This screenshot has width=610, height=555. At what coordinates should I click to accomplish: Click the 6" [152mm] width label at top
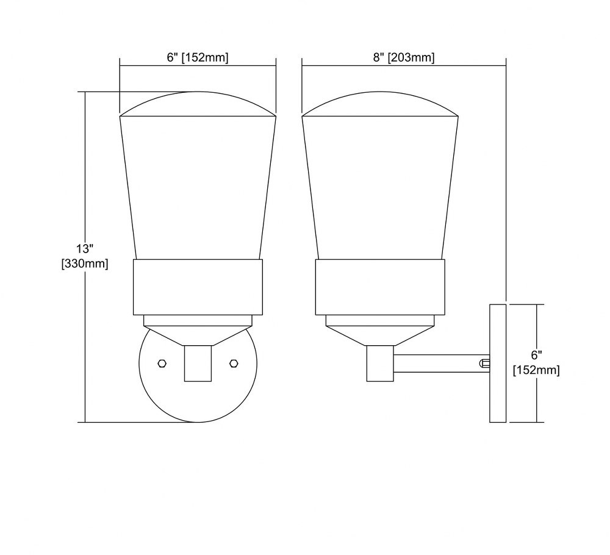coord(198,57)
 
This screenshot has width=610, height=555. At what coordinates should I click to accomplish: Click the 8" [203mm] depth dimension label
coord(404,57)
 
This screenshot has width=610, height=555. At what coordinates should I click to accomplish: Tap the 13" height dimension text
coord(85,248)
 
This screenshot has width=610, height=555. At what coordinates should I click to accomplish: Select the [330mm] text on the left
coord(85,263)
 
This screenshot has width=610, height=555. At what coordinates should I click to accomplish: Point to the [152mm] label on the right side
coord(536,370)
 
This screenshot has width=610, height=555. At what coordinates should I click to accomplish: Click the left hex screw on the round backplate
coord(162,363)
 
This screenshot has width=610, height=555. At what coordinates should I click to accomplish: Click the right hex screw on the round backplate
coord(234,363)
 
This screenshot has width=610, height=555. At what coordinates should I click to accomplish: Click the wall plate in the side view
coord(498,363)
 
